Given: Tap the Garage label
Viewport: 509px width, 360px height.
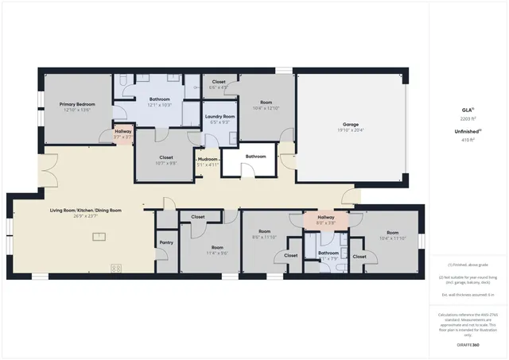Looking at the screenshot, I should [x=350, y=125].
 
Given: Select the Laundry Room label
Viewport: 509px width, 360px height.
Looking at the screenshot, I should [x=220, y=117].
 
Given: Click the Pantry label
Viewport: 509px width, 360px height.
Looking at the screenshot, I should [x=166, y=242].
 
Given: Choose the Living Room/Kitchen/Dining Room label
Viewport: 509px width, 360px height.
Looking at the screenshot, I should [x=86, y=210].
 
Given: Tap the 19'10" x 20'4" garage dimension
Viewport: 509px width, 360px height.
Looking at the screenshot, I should [x=350, y=130].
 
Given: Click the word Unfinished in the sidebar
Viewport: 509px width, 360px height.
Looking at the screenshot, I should [x=466, y=132].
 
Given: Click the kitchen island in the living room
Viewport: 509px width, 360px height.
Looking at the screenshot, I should [x=99, y=236].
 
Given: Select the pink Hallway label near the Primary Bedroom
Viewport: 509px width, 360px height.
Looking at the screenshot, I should [x=123, y=131].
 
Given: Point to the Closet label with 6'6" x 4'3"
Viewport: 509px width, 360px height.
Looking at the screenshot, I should [x=218, y=82].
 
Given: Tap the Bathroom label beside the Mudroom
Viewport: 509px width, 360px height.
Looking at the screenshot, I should [x=255, y=157].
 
